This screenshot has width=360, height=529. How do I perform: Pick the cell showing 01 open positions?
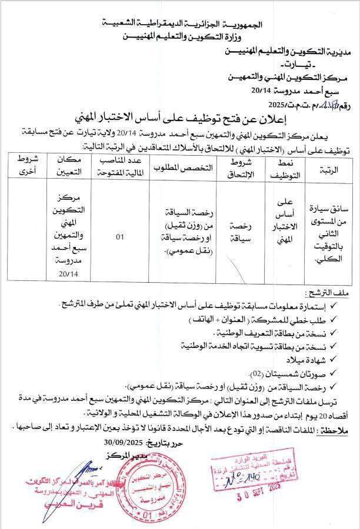point(120,237)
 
